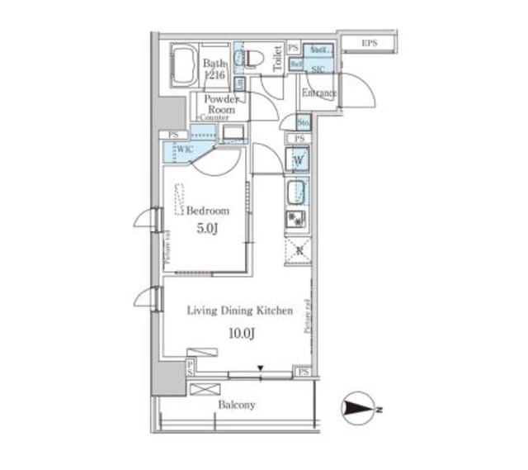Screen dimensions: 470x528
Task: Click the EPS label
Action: (x=369, y=42)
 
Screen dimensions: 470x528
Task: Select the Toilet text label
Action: (x=277, y=59)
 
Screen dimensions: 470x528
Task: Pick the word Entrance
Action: (x=318, y=93)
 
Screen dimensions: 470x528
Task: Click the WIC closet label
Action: (x=184, y=150)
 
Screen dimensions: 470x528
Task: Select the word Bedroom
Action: (x=207, y=211)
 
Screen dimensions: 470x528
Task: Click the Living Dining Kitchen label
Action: (x=239, y=311)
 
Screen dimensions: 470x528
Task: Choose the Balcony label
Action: (x=237, y=405)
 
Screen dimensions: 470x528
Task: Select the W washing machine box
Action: (x=297, y=159)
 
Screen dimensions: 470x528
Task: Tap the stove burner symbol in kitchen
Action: (x=296, y=220)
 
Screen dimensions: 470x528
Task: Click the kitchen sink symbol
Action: (x=297, y=192)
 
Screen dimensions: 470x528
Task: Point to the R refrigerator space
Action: (x=296, y=249)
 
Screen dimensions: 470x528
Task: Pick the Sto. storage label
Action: (x=303, y=123)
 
